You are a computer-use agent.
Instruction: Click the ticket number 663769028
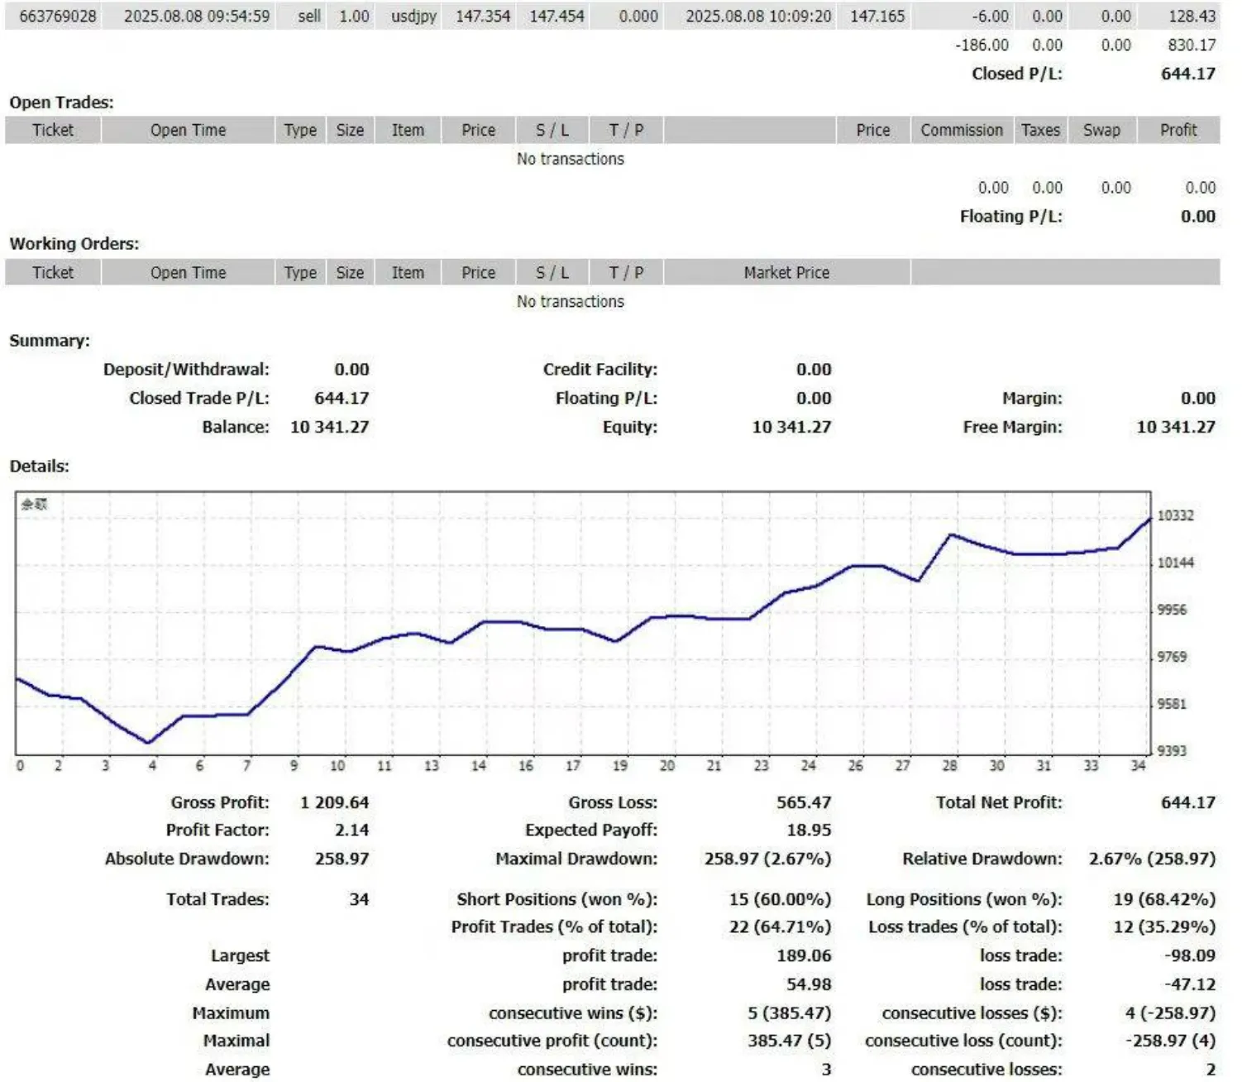tap(58, 17)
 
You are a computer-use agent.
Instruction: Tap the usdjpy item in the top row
tap(413, 17)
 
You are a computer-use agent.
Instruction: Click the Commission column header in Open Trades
tap(962, 130)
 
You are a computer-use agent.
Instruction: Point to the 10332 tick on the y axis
tap(1175, 515)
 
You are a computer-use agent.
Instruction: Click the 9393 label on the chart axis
tap(1171, 750)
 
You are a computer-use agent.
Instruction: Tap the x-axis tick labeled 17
tap(573, 766)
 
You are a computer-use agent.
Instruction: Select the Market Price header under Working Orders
tap(786, 272)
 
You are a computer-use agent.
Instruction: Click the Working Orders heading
tap(74, 243)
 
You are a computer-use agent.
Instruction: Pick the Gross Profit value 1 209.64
tap(334, 802)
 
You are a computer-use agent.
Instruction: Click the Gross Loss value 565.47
tap(803, 802)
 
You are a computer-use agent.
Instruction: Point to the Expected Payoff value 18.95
tap(809, 830)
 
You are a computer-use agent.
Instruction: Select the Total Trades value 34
tap(359, 899)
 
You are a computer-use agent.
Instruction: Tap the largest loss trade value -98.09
tap(1190, 955)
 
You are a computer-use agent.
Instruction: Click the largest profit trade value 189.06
tap(804, 955)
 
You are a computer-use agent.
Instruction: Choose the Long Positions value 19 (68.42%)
tap(1164, 899)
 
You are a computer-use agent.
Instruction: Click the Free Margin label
tap(1012, 427)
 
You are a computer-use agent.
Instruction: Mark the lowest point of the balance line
tap(149, 742)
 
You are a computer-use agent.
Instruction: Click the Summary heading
tap(50, 340)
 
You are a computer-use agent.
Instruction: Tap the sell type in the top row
tap(309, 17)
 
